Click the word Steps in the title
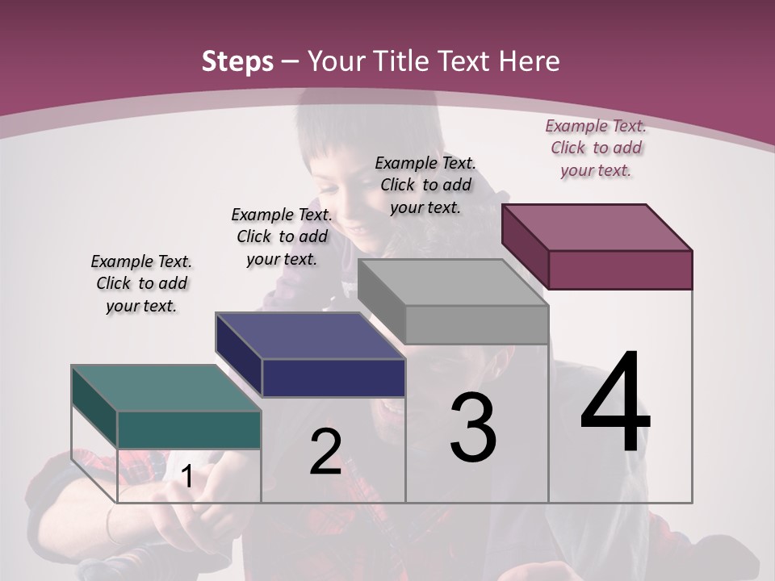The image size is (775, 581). point(237,61)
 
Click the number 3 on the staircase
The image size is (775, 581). point(473,428)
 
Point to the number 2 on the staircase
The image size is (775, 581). point(325,452)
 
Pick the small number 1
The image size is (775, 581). point(186,476)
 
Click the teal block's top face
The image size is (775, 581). point(165,387)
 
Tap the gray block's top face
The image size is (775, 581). point(453,282)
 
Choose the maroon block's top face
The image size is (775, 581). point(597,227)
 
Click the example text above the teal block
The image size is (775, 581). point(141,283)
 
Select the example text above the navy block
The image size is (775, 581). point(282,236)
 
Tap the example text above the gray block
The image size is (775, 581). point(425,185)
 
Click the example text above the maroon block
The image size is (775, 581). point(596,148)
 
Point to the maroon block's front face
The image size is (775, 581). point(620,270)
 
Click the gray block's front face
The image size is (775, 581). point(476,324)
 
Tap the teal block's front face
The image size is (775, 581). point(189,429)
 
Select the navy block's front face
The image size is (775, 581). point(333,378)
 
